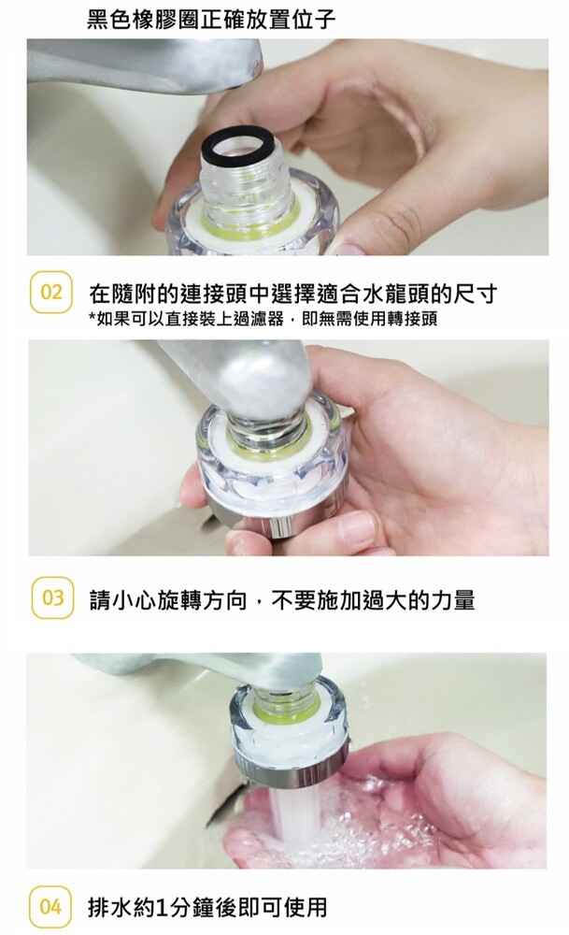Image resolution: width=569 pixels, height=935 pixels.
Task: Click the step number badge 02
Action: coord(51,292)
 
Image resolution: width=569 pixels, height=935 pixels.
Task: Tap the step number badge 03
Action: coord(52,597)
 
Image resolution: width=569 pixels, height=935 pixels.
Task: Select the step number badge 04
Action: coord(50,907)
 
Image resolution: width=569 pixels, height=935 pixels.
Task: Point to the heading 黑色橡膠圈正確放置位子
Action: coord(211,19)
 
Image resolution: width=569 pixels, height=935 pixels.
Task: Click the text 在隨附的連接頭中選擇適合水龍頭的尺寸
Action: coord(292,293)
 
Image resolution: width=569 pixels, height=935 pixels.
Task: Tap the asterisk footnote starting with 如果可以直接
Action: coord(263,319)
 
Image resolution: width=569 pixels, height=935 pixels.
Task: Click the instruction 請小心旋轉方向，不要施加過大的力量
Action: coord(282,599)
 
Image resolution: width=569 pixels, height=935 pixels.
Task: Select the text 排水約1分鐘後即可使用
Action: coord(207,907)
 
